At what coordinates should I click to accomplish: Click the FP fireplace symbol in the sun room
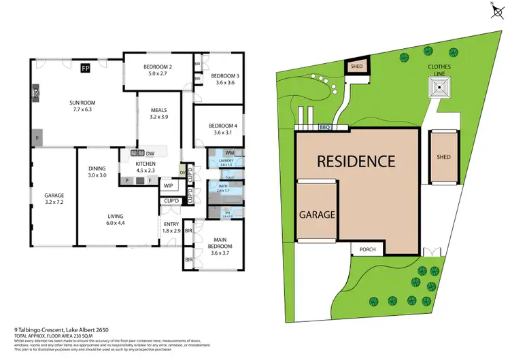click(x=86, y=68)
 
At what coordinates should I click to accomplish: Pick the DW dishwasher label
click(x=150, y=154)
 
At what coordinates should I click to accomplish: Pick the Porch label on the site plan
click(x=367, y=250)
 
